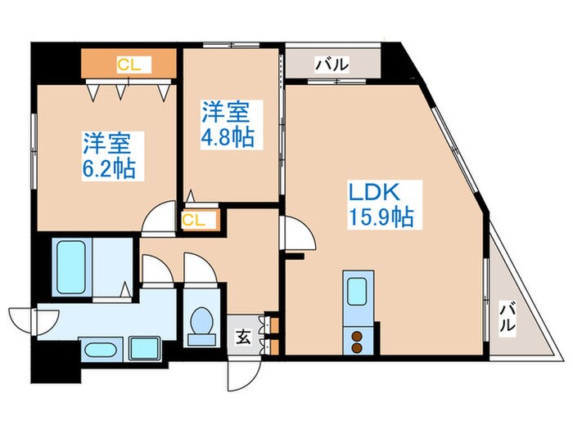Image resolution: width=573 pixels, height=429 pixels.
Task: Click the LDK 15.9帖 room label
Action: click(380, 204)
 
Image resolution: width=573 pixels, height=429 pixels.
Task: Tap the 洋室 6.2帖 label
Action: click(108, 155)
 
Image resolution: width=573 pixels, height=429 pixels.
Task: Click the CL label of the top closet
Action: click(128, 64)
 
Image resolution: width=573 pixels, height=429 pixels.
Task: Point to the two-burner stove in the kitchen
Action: click(358, 338)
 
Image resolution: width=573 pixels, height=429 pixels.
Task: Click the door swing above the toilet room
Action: click(199, 270)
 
